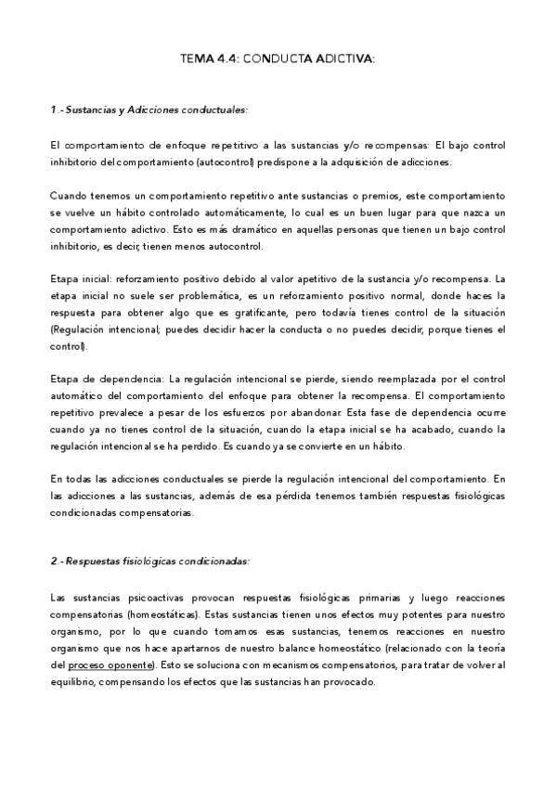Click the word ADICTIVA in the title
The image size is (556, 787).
point(343,58)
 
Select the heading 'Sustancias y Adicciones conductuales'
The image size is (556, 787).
point(153,110)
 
